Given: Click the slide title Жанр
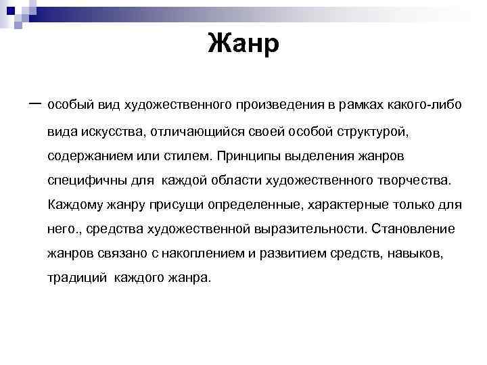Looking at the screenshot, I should coord(243,45).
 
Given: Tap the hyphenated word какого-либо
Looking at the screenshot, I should coord(425,105).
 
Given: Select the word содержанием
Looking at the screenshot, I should coord(85,155).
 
